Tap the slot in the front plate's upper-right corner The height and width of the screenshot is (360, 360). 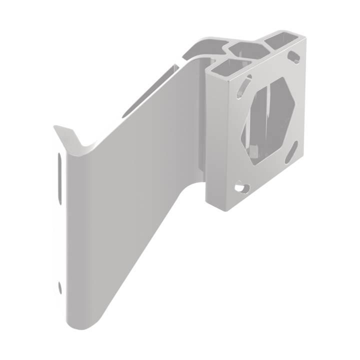coord(295,55)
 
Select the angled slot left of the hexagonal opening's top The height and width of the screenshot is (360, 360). coord(245,85)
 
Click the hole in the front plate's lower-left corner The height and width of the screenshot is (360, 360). coord(242,188)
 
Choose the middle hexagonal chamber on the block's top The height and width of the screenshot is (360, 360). coord(249,50)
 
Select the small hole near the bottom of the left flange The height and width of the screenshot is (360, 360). coord(60,287)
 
